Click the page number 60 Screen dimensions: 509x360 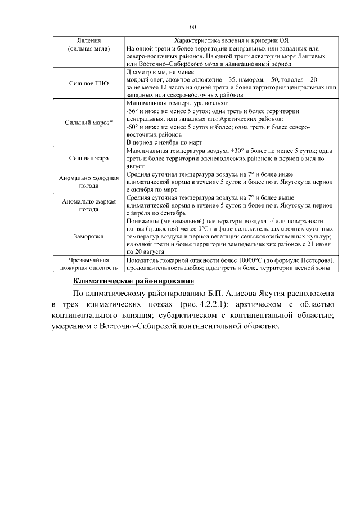pos(193,26)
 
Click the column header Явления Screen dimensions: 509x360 pos(88,41)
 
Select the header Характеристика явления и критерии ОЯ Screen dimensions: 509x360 pos(231,41)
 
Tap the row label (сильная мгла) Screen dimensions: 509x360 pos(88,49)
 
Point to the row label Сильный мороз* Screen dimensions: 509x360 pos(88,123)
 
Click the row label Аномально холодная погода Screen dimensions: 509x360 pos(88,182)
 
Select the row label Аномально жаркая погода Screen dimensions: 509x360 pos(88,205)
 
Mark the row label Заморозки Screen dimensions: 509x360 pos(88,237)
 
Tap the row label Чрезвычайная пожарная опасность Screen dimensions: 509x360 pos(88,264)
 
